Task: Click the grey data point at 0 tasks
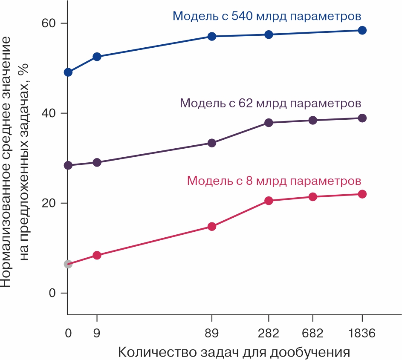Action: [x=68, y=264]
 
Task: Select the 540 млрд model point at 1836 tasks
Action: [x=362, y=30]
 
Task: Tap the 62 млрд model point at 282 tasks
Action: [x=269, y=123]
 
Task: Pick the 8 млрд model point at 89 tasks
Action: [x=211, y=226]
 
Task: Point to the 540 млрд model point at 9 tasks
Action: [x=97, y=57]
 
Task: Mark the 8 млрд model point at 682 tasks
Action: [x=312, y=197]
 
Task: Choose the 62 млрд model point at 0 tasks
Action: [x=68, y=165]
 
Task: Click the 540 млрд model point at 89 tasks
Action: [x=211, y=36]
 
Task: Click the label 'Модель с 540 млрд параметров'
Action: [x=267, y=16]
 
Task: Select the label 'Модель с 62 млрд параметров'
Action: [x=271, y=103]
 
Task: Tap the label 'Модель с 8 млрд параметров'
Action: [x=274, y=181]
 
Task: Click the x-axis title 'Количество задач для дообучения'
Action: [x=234, y=352]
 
